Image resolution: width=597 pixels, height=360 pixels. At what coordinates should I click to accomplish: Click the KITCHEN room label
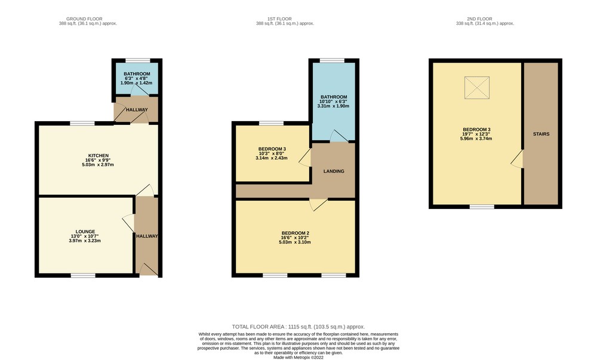(x=99, y=156)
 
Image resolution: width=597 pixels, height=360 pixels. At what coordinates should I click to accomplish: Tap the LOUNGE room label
(x=85, y=232)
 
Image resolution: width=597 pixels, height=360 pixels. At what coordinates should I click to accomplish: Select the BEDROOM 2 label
(x=295, y=233)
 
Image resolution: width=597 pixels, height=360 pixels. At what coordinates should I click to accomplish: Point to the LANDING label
(x=334, y=171)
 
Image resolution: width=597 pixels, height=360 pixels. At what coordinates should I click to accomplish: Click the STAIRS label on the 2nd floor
(x=541, y=134)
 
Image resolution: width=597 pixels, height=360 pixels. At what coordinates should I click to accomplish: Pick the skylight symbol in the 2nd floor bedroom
(x=476, y=88)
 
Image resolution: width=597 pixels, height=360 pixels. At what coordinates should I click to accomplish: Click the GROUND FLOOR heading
(x=84, y=19)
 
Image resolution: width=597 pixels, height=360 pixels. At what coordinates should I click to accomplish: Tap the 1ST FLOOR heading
(x=279, y=19)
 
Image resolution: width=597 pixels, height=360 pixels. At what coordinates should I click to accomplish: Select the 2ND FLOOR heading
(x=480, y=19)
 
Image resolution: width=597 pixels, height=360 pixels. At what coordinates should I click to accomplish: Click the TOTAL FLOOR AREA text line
(x=298, y=327)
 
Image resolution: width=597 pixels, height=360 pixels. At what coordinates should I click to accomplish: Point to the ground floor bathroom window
(x=138, y=60)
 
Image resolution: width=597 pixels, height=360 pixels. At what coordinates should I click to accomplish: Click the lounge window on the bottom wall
(x=83, y=275)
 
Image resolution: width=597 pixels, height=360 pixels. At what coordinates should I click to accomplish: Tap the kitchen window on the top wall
(x=82, y=123)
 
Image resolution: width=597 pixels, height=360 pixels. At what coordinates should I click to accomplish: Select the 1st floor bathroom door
(x=338, y=136)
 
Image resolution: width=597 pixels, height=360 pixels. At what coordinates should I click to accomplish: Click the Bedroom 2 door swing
(x=318, y=205)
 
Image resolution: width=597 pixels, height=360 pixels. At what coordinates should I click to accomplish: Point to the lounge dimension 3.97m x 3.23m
(x=85, y=241)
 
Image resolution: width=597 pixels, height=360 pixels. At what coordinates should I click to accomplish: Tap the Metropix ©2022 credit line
(x=298, y=358)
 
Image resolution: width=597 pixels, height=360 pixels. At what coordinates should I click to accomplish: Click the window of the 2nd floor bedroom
(x=482, y=207)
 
